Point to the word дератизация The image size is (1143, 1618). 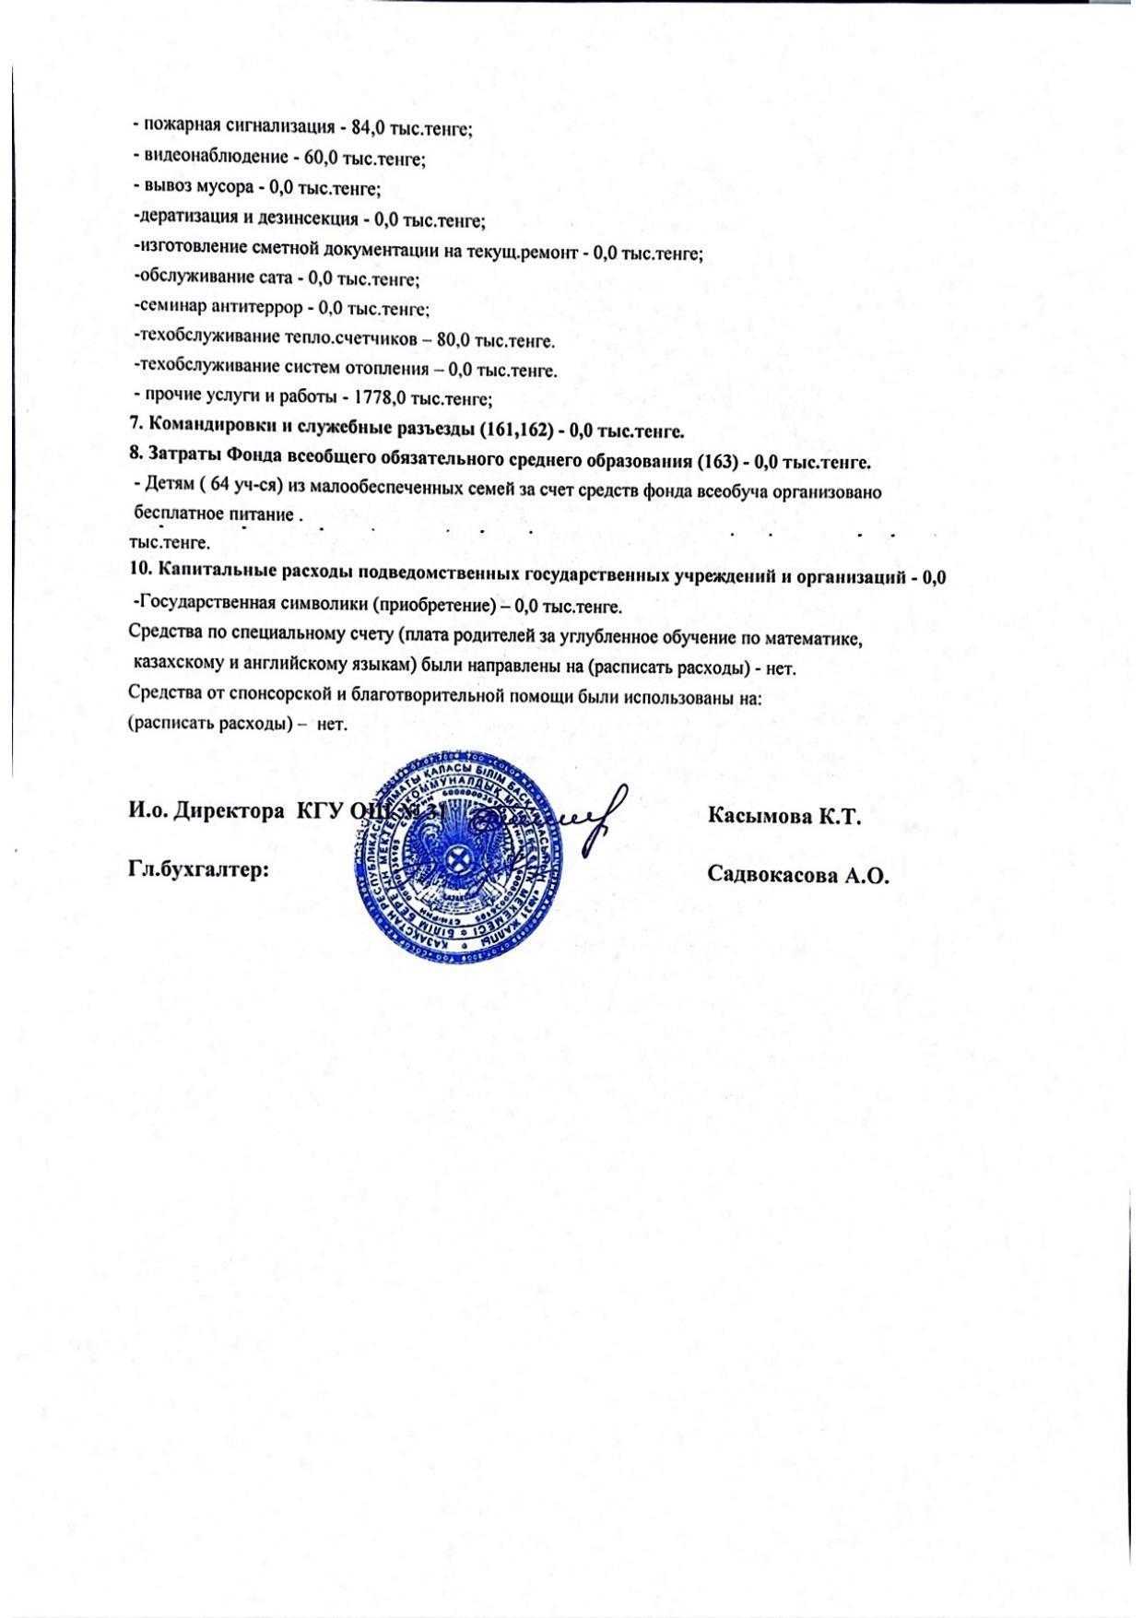(x=179, y=218)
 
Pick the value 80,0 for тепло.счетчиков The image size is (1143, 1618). (x=454, y=340)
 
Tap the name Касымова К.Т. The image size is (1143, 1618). (x=783, y=816)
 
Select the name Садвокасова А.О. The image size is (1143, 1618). (x=797, y=875)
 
